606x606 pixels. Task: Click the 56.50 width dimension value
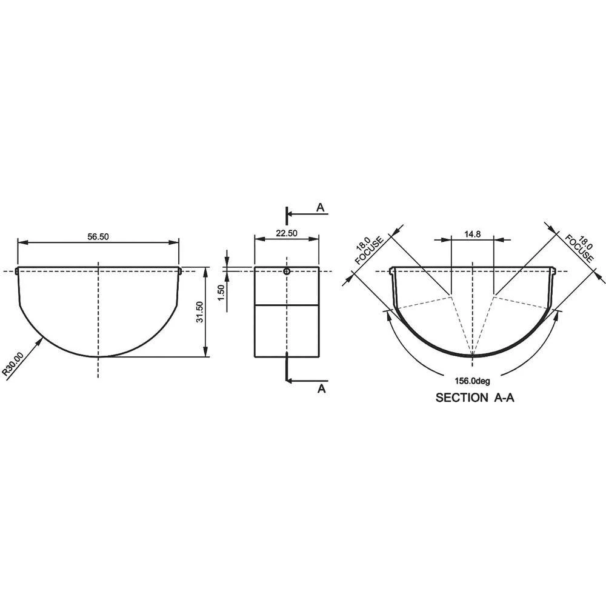(98, 237)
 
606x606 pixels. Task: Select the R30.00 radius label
(13, 365)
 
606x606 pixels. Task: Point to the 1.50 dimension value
(221, 291)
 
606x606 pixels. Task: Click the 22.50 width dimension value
(286, 233)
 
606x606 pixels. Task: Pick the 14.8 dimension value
(473, 233)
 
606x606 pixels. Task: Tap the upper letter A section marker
(321, 208)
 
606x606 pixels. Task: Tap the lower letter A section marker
(322, 388)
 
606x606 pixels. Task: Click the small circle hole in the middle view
(287, 271)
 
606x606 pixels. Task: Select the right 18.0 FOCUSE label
(581, 248)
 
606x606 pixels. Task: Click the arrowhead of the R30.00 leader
(42, 340)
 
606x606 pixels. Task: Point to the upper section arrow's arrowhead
(289, 214)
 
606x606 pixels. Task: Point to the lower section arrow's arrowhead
(289, 381)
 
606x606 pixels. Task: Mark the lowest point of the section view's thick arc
(473, 356)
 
